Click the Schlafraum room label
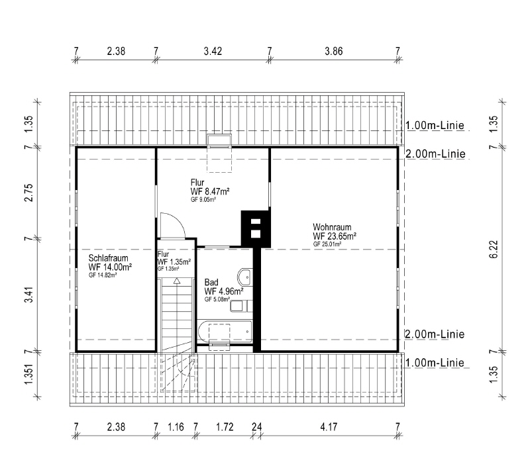click(x=108, y=258)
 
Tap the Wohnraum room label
click(x=332, y=227)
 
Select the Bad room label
click(x=211, y=282)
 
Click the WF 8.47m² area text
click(x=210, y=191)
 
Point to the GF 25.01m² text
click(x=327, y=244)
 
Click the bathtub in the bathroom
click(x=225, y=331)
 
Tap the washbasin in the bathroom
click(x=244, y=277)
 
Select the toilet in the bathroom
click(x=241, y=306)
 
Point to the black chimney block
click(x=256, y=228)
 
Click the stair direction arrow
click(x=177, y=281)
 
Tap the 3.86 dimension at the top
click(x=334, y=51)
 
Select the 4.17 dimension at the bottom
click(x=329, y=427)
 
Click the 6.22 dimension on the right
click(x=494, y=249)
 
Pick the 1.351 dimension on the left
click(x=28, y=374)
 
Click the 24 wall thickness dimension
click(x=257, y=427)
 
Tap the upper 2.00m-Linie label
click(x=435, y=154)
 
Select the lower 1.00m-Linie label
click(x=435, y=363)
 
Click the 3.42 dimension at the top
click(x=213, y=51)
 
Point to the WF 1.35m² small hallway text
click(x=174, y=261)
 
